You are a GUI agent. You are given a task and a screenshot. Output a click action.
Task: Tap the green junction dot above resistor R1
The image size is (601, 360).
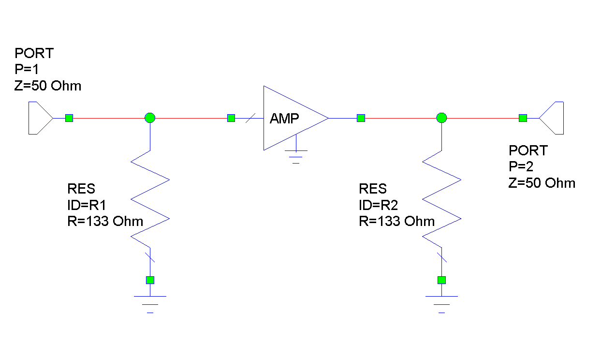(150, 118)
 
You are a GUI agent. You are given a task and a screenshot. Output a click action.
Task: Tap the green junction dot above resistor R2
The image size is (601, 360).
(441, 118)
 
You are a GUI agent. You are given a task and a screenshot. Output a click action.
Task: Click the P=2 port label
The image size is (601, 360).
(521, 167)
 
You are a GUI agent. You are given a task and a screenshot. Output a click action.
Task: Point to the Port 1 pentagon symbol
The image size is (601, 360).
(39, 118)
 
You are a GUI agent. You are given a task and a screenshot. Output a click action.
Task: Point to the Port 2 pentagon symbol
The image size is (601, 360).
(553, 118)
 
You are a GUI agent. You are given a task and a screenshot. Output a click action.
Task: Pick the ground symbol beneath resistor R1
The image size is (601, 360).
(150, 303)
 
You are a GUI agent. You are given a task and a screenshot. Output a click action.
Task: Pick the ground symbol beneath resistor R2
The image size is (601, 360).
(441, 303)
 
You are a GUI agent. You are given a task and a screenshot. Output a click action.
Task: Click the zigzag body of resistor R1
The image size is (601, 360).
(150, 198)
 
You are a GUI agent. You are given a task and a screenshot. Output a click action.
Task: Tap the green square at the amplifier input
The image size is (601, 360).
(231, 118)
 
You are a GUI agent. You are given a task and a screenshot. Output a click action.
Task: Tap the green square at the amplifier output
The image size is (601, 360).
(361, 118)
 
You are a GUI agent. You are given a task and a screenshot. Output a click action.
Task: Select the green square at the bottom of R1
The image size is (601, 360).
(150, 280)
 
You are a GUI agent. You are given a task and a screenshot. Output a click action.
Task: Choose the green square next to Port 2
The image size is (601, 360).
(523, 118)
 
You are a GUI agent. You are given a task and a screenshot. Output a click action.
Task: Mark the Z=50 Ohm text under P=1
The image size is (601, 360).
(48, 86)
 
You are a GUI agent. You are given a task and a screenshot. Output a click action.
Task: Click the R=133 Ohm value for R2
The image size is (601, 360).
(396, 221)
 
